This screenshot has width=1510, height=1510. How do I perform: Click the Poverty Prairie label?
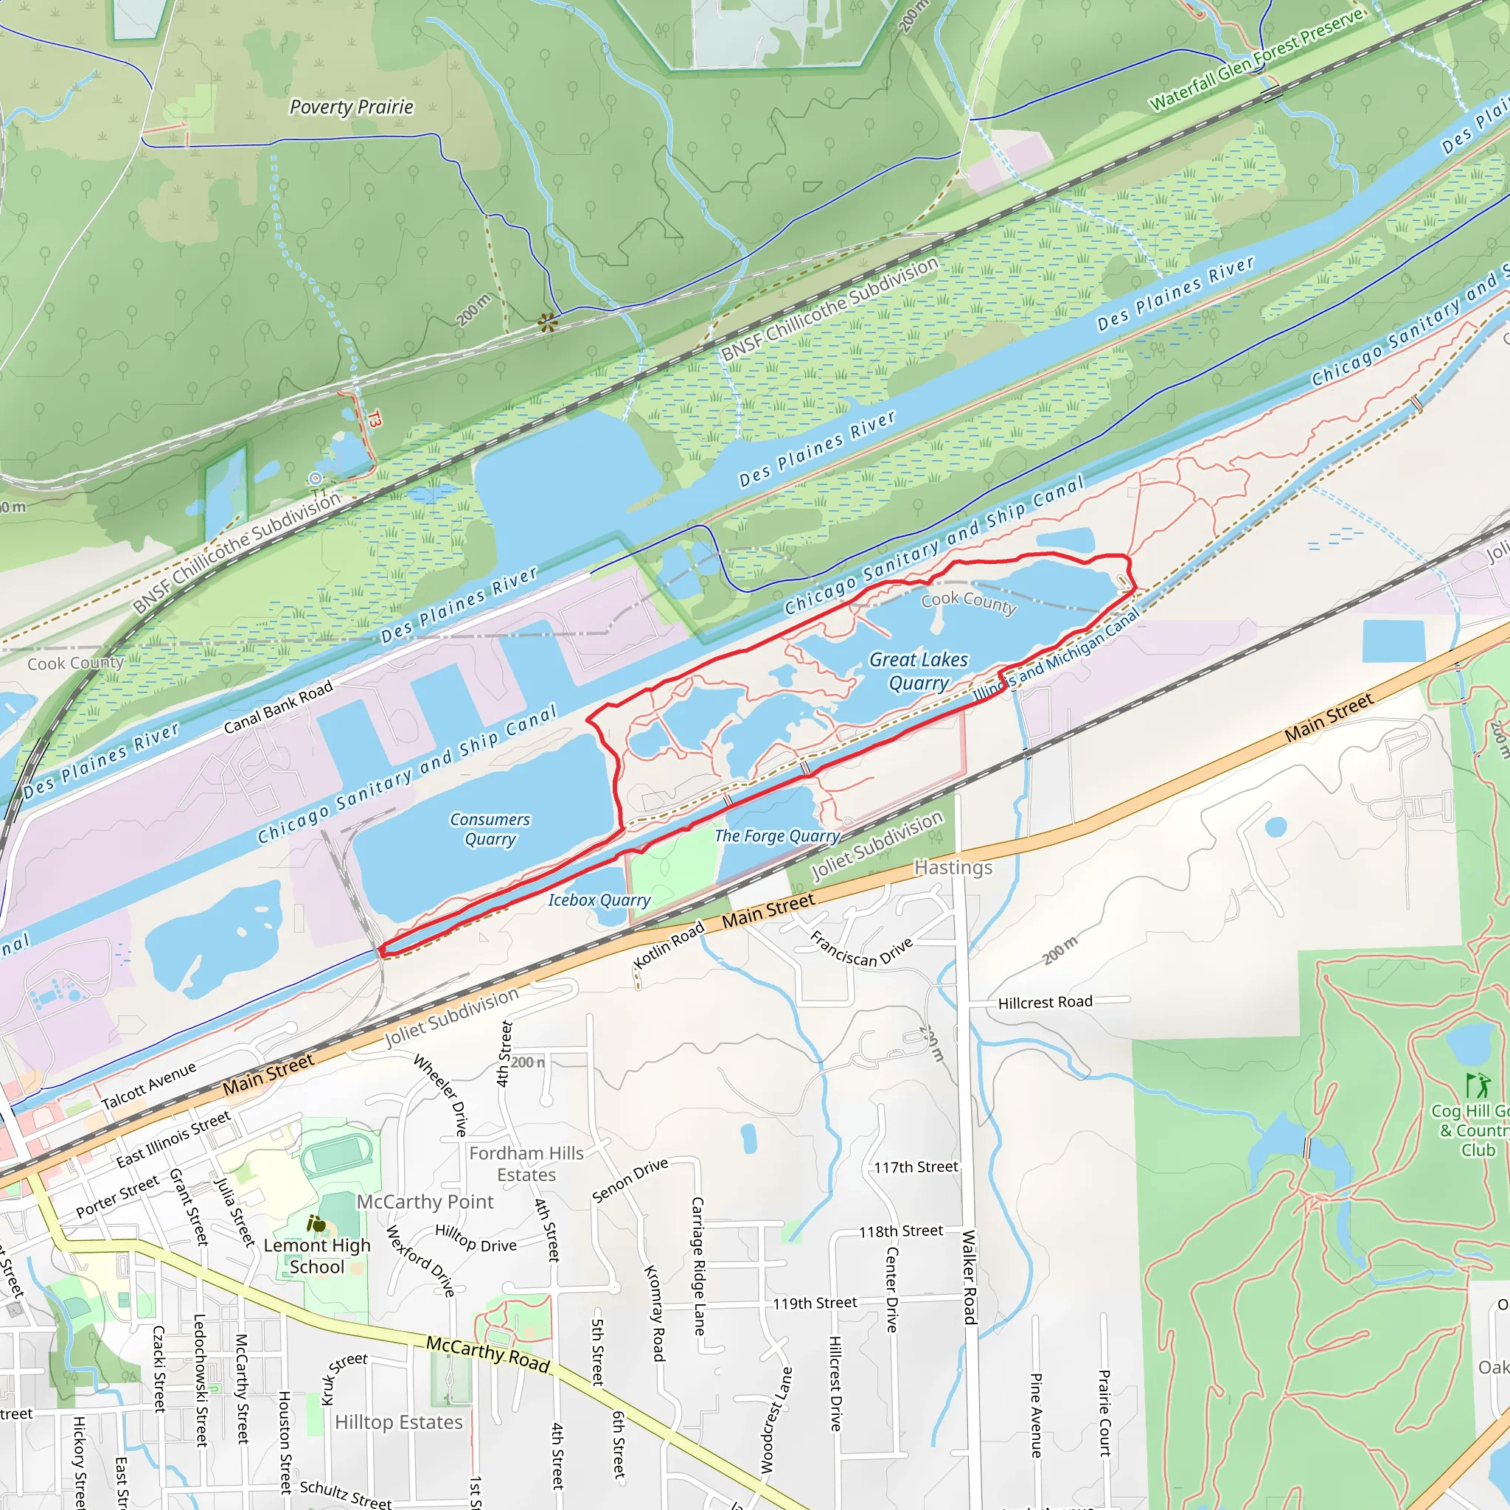point(351,107)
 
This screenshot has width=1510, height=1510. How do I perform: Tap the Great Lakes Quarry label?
point(919,672)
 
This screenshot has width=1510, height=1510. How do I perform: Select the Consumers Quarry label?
point(490,829)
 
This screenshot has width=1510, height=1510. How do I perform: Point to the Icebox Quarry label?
point(599,900)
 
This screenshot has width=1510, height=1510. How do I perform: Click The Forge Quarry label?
point(777,836)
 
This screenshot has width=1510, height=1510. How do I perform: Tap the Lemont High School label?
point(316,1256)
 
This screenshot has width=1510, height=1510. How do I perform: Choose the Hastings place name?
point(953,868)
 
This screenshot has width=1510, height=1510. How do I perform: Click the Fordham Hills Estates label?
point(526,1163)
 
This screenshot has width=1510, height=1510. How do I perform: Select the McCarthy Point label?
point(425,1202)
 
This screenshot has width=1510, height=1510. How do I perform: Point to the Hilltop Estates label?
point(399,1422)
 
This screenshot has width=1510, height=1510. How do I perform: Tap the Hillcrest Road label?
point(1045,1003)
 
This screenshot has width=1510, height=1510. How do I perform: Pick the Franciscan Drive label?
point(860,950)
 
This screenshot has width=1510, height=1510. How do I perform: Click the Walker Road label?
point(969,1277)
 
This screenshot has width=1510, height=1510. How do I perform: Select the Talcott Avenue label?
point(148,1086)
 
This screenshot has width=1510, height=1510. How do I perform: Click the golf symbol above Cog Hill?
point(1475,1085)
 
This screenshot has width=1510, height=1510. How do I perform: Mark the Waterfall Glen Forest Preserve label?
point(1257,60)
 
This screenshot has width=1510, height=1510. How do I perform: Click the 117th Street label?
point(915,1168)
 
